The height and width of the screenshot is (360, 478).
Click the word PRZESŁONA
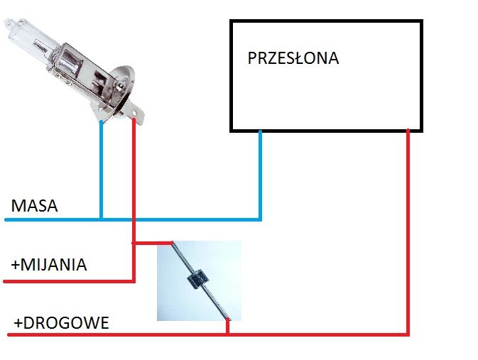(293, 58)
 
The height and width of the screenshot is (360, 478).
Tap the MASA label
(35, 206)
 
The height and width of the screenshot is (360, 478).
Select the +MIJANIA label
(49, 265)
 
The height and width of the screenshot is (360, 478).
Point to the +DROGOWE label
(62, 323)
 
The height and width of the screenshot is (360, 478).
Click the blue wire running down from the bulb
(101, 170)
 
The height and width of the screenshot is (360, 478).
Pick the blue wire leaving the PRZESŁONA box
(260, 175)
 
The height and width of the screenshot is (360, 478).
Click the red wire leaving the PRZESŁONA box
(408, 232)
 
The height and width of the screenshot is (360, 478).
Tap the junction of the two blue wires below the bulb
(101, 219)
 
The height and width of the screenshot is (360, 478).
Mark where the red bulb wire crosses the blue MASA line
(134, 219)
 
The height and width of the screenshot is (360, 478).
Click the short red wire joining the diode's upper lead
(153, 243)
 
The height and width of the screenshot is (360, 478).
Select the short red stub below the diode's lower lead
(227, 327)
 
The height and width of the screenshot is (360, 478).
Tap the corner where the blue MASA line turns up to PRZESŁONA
(260, 219)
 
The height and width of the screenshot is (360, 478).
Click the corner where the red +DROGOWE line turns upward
(408, 334)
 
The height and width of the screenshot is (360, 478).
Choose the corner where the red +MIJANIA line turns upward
(134, 280)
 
